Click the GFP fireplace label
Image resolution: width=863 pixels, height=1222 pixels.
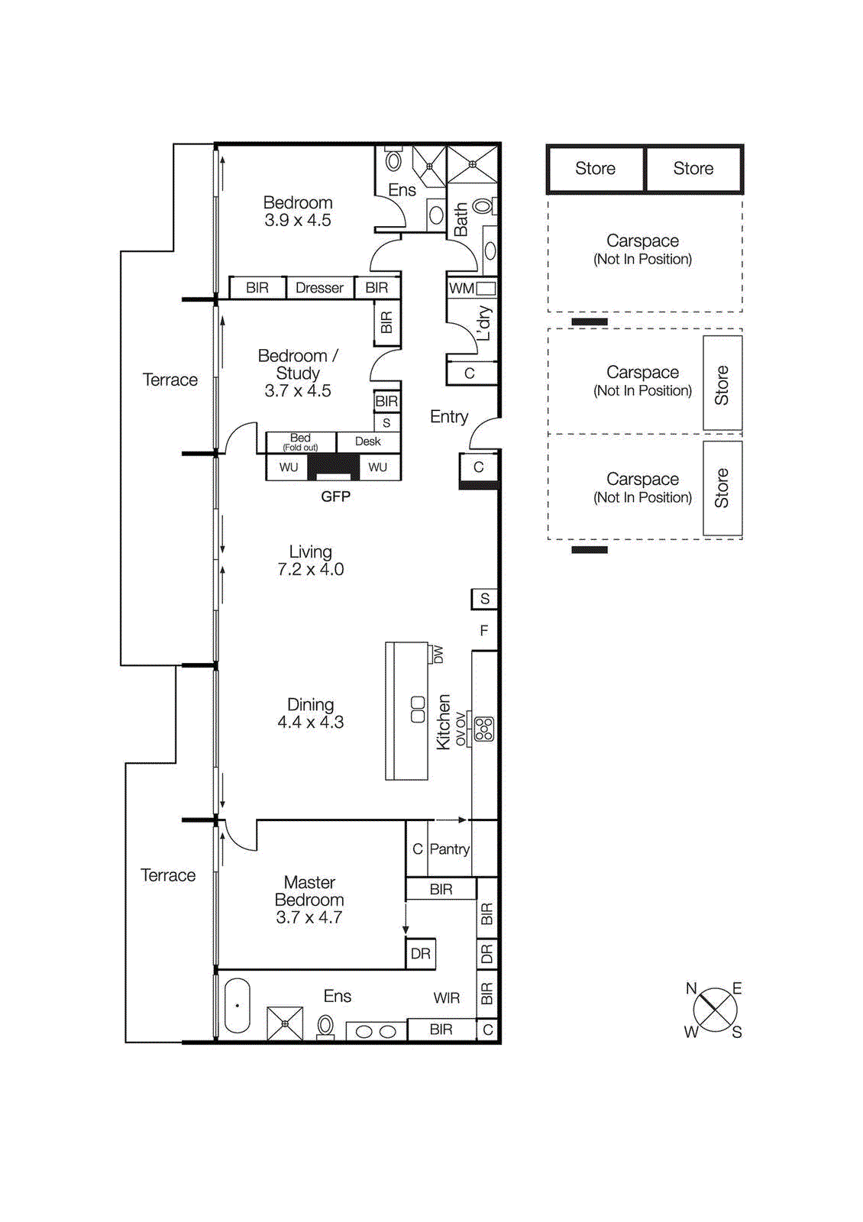(x=335, y=496)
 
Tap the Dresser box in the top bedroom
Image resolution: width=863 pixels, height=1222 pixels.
(x=319, y=288)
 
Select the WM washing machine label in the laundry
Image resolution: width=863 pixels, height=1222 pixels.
(x=461, y=289)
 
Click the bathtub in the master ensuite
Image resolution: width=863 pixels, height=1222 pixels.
(x=238, y=1006)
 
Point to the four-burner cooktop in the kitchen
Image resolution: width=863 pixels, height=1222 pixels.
(x=484, y=729)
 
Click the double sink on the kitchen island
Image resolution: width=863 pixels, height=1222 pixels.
(x=418, y=710)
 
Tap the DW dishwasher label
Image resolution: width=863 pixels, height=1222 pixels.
(x=438, y=655)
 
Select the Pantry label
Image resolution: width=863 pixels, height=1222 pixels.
(x=449, y=849)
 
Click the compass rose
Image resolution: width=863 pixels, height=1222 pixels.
(x=715, y=1010)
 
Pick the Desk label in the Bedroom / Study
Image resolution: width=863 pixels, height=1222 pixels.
(x=367, y=441)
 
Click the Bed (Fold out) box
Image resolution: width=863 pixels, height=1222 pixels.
(x=300, y=442)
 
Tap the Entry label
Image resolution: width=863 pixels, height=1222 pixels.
(x=448, y=417)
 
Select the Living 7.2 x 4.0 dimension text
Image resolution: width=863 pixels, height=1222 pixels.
(x=310, y=570)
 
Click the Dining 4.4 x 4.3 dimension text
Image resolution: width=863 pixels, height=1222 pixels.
(x=310, y=723)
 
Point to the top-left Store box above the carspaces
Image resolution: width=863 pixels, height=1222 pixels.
(x=595, y=169)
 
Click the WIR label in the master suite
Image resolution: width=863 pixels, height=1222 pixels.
(x=446, y=998)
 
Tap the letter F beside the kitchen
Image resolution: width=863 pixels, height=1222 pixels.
(x=483, y=631)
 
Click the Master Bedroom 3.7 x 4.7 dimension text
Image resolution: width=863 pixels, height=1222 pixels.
(x=309, y=917)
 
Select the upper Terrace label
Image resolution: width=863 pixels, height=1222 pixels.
(x=170, y=380)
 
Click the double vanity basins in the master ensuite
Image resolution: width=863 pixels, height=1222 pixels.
(x=376, y=1032)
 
